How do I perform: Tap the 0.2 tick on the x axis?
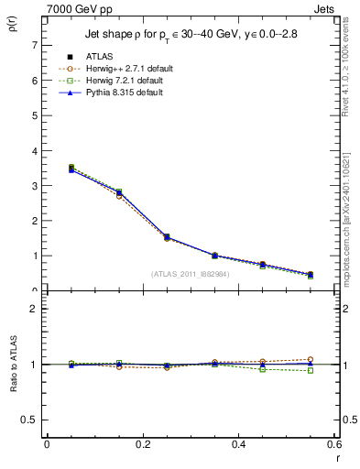(143, 446)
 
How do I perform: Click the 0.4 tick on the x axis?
(238, 446)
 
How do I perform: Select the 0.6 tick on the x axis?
(333, 446)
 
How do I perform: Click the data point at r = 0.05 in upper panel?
(71, 169)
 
